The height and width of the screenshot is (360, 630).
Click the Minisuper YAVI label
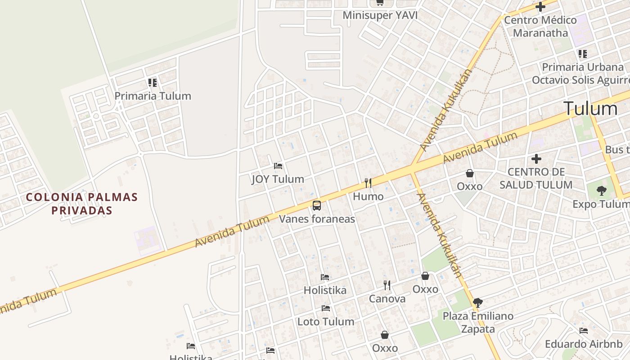[380, 15]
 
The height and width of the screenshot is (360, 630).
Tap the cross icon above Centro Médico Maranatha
[540, 7]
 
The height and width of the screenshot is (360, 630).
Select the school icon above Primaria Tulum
[153, 83]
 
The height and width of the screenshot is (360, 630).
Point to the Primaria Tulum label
[153, 96]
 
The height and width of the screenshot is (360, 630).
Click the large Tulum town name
[590, 109]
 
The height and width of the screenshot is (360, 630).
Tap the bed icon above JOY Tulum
[278, 166]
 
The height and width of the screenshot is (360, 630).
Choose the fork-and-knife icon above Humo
[368, 183]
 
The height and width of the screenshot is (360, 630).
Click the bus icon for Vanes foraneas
[317, 206]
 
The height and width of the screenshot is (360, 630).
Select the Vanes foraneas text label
[317, 219]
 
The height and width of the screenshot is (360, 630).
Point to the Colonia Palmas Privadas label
[81, 203]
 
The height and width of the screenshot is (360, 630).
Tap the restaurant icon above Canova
[387, 285]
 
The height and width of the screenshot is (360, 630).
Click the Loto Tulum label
[326, 322]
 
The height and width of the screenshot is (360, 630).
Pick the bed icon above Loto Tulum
[326, 308]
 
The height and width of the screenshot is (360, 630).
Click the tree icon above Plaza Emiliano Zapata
[478, 302]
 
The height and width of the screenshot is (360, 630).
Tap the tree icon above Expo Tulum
[601, 191]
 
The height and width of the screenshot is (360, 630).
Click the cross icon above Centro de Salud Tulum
[536, 159]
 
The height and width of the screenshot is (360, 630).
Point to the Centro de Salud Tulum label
[536, 178]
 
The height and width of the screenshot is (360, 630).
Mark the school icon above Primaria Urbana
[583, 54]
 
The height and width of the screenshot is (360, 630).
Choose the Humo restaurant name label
[368, 197]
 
